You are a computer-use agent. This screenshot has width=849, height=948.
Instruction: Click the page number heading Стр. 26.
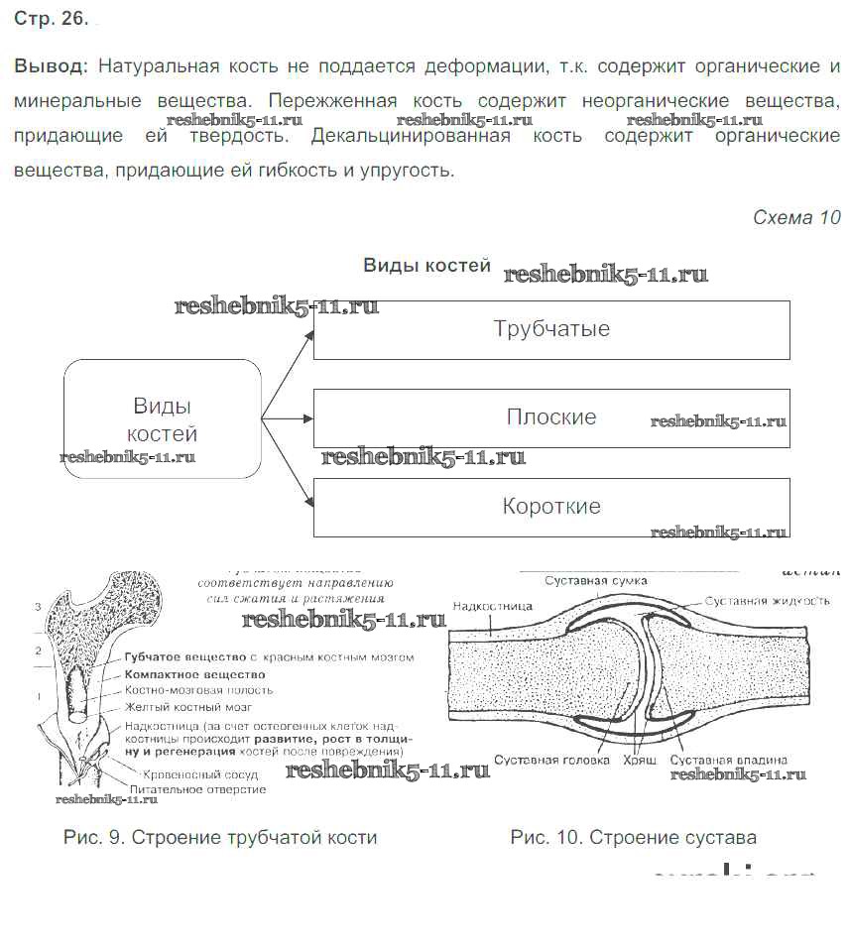pyautogui.click(x=51, y=19)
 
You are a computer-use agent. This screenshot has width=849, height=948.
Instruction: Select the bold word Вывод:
pyautogui.click(x=51, y=66)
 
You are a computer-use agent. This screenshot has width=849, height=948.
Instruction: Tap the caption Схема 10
pyautogui.click(x=796, y=218)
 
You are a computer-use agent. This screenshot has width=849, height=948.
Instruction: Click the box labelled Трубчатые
pyautogui.click(x=551, y=329)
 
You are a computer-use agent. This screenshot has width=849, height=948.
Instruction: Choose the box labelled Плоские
pyautogui.click(x=551, y=417)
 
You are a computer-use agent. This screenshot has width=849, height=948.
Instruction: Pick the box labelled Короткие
pyautogui.click(x=551, y=507)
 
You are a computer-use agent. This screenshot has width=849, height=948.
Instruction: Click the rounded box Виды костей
pyautogui.click(x=163, y=419)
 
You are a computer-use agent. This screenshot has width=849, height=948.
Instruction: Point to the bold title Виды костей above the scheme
pyautogui.click(x=426, y=266)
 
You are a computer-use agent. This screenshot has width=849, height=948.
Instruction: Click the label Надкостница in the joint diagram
pyautogui.click(x=492, y=606)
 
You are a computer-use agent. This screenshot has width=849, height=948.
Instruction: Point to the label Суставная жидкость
pyautogui.click(x=768, y=601)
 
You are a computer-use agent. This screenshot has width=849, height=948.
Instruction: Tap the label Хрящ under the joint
pyautogui.click(x=639, y=760)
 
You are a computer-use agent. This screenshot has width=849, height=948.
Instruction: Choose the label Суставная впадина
pyautogui.click(x=729, y=760)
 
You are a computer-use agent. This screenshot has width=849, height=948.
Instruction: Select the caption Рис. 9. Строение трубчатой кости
pyautogui.click(x=220, y=838)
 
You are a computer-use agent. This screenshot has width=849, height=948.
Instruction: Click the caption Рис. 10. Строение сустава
pyautogui.click(x=633, y=838)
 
